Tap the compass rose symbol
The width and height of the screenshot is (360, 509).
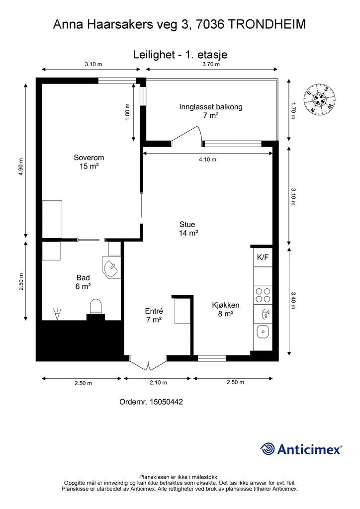[x=319, y=99]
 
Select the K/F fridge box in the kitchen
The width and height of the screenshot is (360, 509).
[x=263, y=257]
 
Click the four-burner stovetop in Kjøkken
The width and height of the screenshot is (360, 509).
[x=263, y=295]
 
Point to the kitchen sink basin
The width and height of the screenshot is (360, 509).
[x=263, y=332]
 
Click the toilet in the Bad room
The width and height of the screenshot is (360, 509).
[x=96, y=307]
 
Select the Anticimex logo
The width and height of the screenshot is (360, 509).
[x=301, y=449]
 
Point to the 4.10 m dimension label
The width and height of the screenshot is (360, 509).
[x=208, y=160]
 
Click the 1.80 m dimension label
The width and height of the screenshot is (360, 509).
[x=127, y=112]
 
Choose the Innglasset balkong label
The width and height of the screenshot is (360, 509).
[x=211, y=107]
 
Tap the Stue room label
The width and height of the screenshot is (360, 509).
[x=187, y=224]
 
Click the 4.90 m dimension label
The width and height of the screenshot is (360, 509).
[x=21, y=167]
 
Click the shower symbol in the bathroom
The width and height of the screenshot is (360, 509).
[x=57, y=314]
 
